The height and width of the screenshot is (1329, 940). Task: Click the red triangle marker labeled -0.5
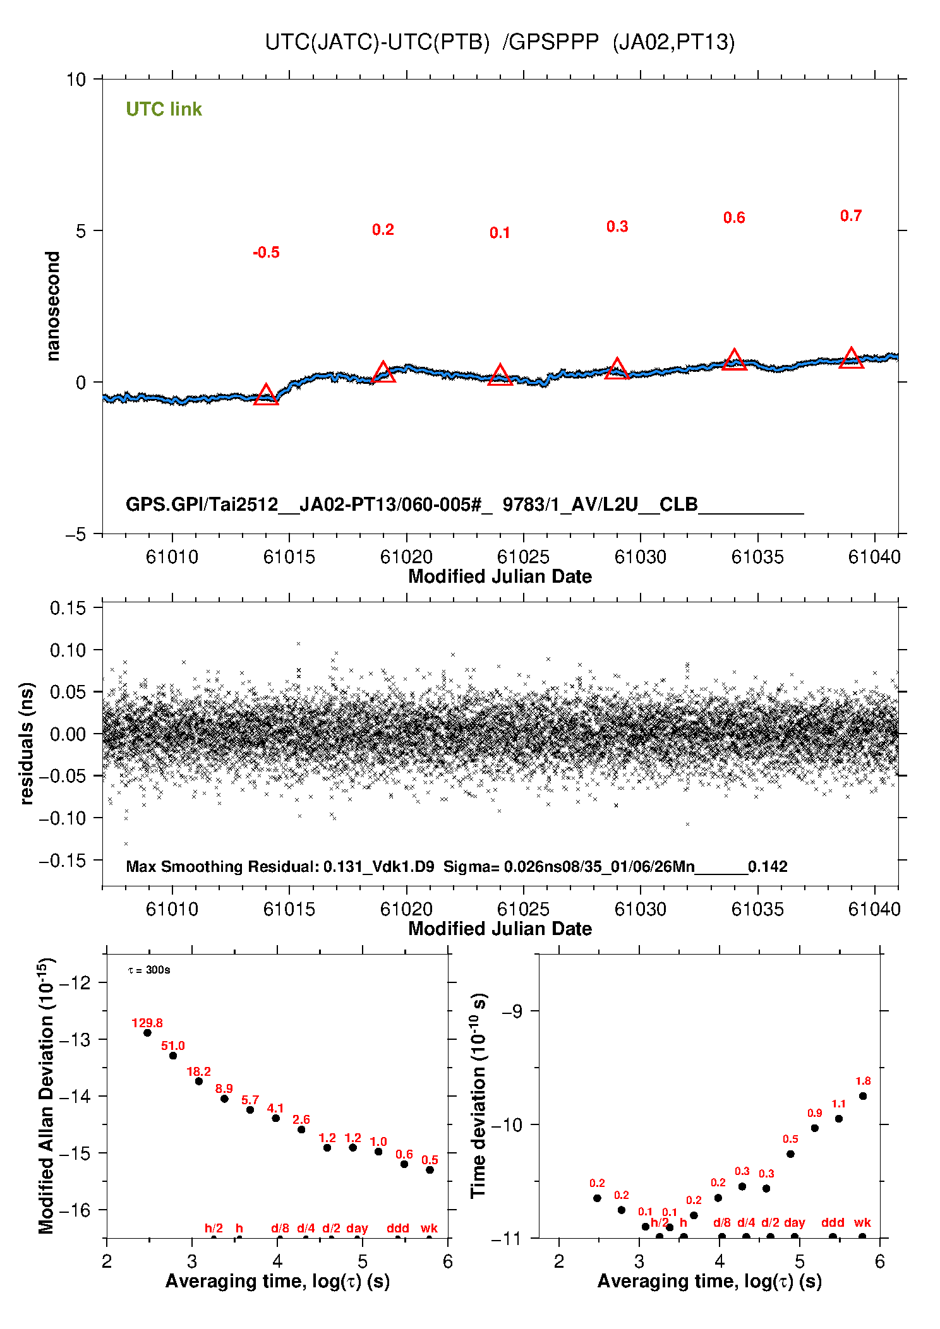pyautogui.click(x=266, y=395)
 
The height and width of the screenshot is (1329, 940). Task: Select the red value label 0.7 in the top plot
pyautogui.click(x=851, y=216)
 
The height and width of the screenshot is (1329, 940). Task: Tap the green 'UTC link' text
pyautogui.click(x=164, y=109)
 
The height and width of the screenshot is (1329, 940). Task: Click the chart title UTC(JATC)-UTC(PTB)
pyautogui.click(x=377, y=42)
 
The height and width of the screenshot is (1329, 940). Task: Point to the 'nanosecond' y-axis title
pyautogui.click(x=53, y=306)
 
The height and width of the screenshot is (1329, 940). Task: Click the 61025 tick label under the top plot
pyautogui.click(x=523, y=557)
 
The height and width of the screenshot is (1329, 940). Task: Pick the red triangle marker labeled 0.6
pyautogui.click(x=734, y=361)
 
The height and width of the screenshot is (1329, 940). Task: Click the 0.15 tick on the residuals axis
pyautogui.click(x=68, y=608)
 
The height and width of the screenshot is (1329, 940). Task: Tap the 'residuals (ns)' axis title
pyautogui.click(x=26, y=743)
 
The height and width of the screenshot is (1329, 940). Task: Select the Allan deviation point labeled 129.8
pyautogui.click(x=147, y=1033)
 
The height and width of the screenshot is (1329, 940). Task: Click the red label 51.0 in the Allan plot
pyautogui.click(x=173, y=1046)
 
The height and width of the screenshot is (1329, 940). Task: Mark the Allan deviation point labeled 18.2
pyautogui.click(x=199, y=1082)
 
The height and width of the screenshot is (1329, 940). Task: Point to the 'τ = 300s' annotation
pyautogui.click(x=149, y=970)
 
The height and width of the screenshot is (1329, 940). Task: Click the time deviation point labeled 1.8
pyautogui.click(x=863, y=1096)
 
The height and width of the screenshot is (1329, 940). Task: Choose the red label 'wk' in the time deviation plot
pyautogui.click(x=862, y=1222)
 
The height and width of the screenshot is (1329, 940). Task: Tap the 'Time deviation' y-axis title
pyautogui.click(x=479, y=1095)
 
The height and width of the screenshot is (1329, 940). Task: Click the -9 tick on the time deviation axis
pyautogui.click(x=512, y=1011)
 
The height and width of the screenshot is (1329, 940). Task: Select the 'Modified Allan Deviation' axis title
pyautogui.click(x=46, y=1095)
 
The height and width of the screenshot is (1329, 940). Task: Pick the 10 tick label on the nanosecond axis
pyautogui.click(x=75, y=80)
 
